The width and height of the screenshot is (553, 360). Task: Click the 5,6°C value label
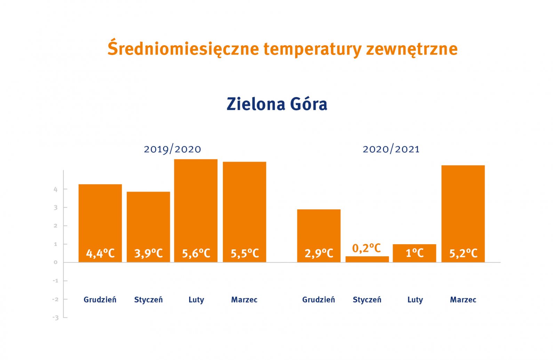(x=196, y=253)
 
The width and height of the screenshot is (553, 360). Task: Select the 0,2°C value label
(x=367, y=248)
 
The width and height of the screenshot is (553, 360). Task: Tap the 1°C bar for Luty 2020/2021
(x=415, y=253)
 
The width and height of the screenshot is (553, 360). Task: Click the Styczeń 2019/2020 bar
(x=149, y=227)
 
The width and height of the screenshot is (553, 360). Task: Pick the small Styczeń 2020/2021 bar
(x=367, y=259)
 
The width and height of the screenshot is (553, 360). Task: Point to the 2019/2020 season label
(x=172, y=149)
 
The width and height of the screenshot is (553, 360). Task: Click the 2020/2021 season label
(x=391, y=149)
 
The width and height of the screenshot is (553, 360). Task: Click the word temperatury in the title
(x=313, y=49)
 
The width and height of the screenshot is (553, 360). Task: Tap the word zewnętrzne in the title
(x=412, y=49)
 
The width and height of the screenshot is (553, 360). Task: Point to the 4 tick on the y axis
(x=56, y=189)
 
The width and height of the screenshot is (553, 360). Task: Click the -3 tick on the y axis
(x=56, y=318)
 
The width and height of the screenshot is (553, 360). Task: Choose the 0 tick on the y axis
(x=56, y=262)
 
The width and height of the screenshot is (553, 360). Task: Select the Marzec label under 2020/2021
(x=463, y=300)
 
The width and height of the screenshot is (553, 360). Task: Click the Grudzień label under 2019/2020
(x=100, y=299)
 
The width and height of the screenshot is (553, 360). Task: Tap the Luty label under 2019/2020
(x=196, y=300)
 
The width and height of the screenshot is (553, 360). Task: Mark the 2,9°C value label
(x=319, y=253)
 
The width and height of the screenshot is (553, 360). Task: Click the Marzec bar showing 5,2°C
(x=463, y=214)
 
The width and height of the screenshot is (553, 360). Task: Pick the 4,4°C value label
(x=100, y=253)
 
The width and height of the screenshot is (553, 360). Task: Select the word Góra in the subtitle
(x=308, y=104)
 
